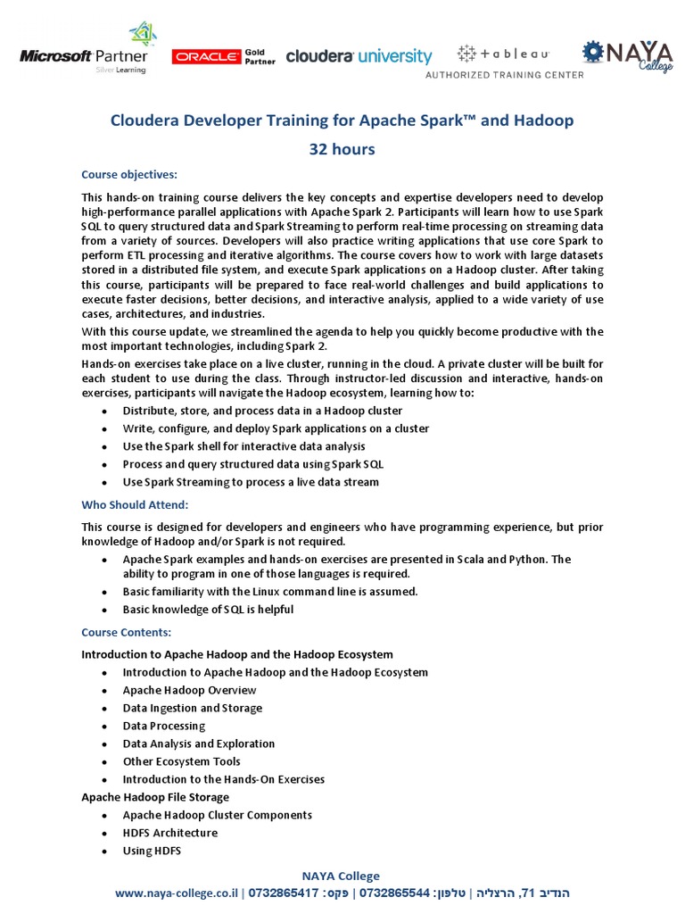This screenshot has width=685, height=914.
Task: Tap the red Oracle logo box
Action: coord(207,56)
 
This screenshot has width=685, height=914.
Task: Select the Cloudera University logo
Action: coord(359,56)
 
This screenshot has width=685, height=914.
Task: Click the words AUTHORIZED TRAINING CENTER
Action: coord(504,75)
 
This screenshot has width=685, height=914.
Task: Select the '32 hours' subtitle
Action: coord(342,149)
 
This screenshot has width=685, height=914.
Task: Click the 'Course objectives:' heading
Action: coord(129,174)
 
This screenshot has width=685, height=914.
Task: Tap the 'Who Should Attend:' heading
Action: coord(135,505)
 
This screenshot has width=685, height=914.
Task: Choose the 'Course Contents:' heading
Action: coord(126,633)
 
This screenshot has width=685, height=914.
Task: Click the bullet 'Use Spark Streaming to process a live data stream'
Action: coord(251,482)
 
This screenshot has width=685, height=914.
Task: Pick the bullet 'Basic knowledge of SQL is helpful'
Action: coord(208,610)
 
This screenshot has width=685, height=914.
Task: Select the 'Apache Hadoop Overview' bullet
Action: coord(189,690)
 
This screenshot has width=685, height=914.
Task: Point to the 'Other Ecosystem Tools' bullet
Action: coord(181,761)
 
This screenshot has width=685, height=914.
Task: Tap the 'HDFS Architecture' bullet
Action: coord(169,833)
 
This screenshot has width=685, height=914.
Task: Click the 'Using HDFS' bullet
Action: coord(152,851)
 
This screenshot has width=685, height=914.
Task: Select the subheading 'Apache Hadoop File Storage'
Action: coord(155,797)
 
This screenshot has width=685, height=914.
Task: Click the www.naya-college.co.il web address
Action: coord(177,893)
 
